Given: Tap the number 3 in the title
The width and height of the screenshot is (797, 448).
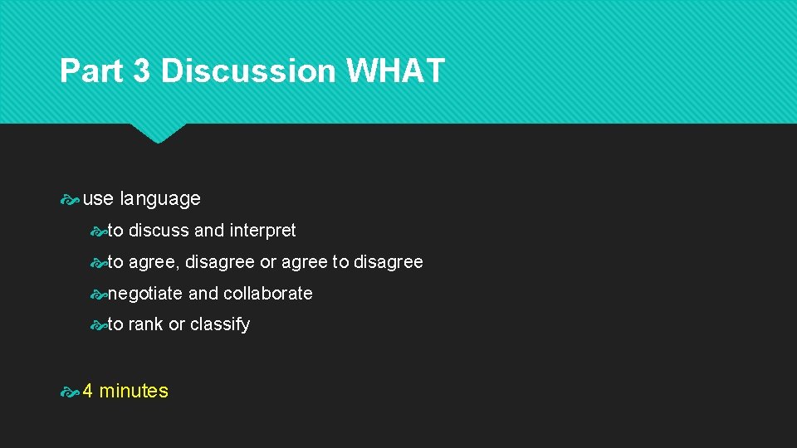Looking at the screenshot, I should point(141,71).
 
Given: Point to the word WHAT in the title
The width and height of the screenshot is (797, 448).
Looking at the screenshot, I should point(395,71).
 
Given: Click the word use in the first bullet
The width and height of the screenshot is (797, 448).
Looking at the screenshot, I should point(98,199).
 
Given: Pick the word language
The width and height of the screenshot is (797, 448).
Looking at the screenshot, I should point(160,199).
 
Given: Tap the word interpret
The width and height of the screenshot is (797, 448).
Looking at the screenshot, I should point(262,231).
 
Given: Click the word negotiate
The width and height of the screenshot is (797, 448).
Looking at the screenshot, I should point(145,294).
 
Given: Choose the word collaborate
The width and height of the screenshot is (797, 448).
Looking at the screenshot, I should point(268,294).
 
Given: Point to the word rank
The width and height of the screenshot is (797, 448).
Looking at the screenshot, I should point(145,325).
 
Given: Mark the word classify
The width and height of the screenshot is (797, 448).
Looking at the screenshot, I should point(220,325).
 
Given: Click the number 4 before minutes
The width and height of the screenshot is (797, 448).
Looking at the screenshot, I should point(88,392).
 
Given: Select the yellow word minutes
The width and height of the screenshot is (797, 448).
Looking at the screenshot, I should point(134,392).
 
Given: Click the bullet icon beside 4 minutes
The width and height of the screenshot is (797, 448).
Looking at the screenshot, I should point(70,392).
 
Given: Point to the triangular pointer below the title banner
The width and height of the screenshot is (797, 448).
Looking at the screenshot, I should point(158,133).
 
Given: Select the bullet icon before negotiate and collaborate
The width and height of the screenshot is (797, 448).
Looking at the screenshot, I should point(99,294).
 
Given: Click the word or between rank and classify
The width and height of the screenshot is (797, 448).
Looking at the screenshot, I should point(176,325).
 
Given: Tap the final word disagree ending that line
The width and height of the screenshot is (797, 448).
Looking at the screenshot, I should point(389,262).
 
